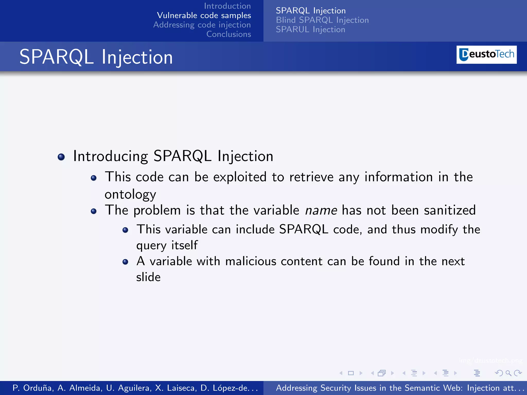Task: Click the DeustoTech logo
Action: click(x=486, y=55)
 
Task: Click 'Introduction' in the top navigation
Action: click(x=227, y=6)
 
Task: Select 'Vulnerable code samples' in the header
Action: click(x=204, y=15)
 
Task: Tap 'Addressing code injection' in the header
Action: click(x=202, y=25)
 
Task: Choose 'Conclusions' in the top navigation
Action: click(x=229, y=34)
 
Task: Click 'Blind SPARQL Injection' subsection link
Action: click(x=322, y=20)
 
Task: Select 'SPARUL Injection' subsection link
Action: click(x=310, y=30)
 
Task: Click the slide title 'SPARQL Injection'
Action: click(x=96, y=57)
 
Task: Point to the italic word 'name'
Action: click(x=321, y=210)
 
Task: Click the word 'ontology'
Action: click(x=130, y=194)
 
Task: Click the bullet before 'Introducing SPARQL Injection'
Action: click(x=61, y=157)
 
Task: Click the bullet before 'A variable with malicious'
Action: click(x=125, y=262)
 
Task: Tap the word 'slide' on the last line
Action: click(x=148, y=277)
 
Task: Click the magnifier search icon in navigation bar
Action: click(x=508, y=373)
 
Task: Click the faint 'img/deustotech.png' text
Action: click(x=490, y=361)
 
